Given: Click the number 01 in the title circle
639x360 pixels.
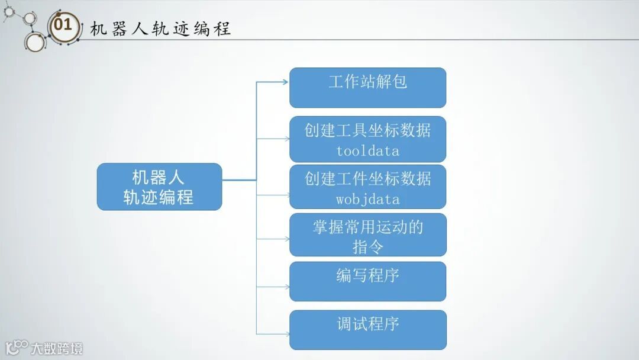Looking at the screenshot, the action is tap(63, 25).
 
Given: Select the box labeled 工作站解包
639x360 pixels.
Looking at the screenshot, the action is tap(367, 88).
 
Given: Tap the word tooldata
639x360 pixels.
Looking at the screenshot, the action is tap(367, 151).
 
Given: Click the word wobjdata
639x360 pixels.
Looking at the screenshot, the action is tap(367, 200).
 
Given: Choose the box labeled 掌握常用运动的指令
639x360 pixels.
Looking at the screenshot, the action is tap(367, 235).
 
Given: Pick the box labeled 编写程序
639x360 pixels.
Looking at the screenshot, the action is tap(367, 281).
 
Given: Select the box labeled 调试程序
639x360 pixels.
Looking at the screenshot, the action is tap(367, 330).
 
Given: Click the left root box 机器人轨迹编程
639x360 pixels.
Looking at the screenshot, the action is tap(159, 187).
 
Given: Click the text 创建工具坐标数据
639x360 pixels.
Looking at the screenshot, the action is tap(367, 130).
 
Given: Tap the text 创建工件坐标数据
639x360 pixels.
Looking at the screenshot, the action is tap(367, 179).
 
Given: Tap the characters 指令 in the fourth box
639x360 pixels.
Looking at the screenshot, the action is tap(367, 246).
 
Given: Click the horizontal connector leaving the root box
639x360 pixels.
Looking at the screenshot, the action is tap(239, 179).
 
